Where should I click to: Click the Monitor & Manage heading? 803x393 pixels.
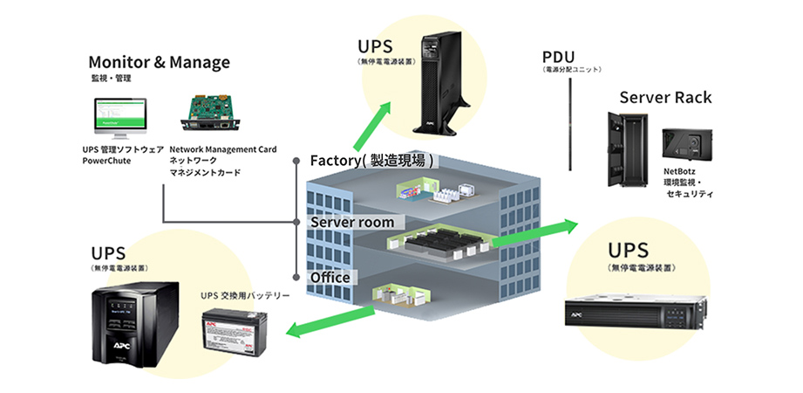(159, 62)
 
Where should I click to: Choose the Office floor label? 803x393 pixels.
(330, 277)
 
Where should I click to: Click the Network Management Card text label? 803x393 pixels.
(222, 149)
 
